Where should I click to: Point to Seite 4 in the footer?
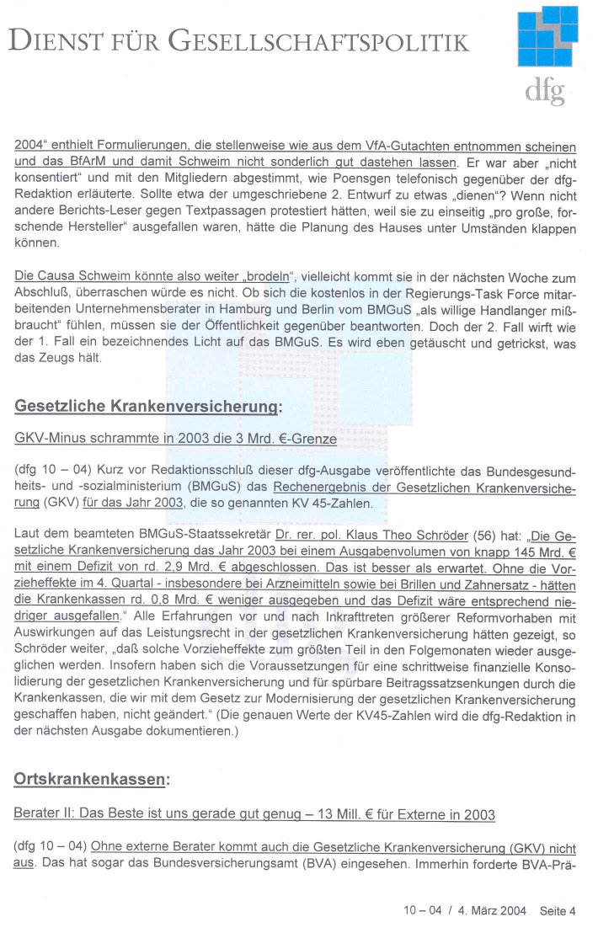pos(558,910)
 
